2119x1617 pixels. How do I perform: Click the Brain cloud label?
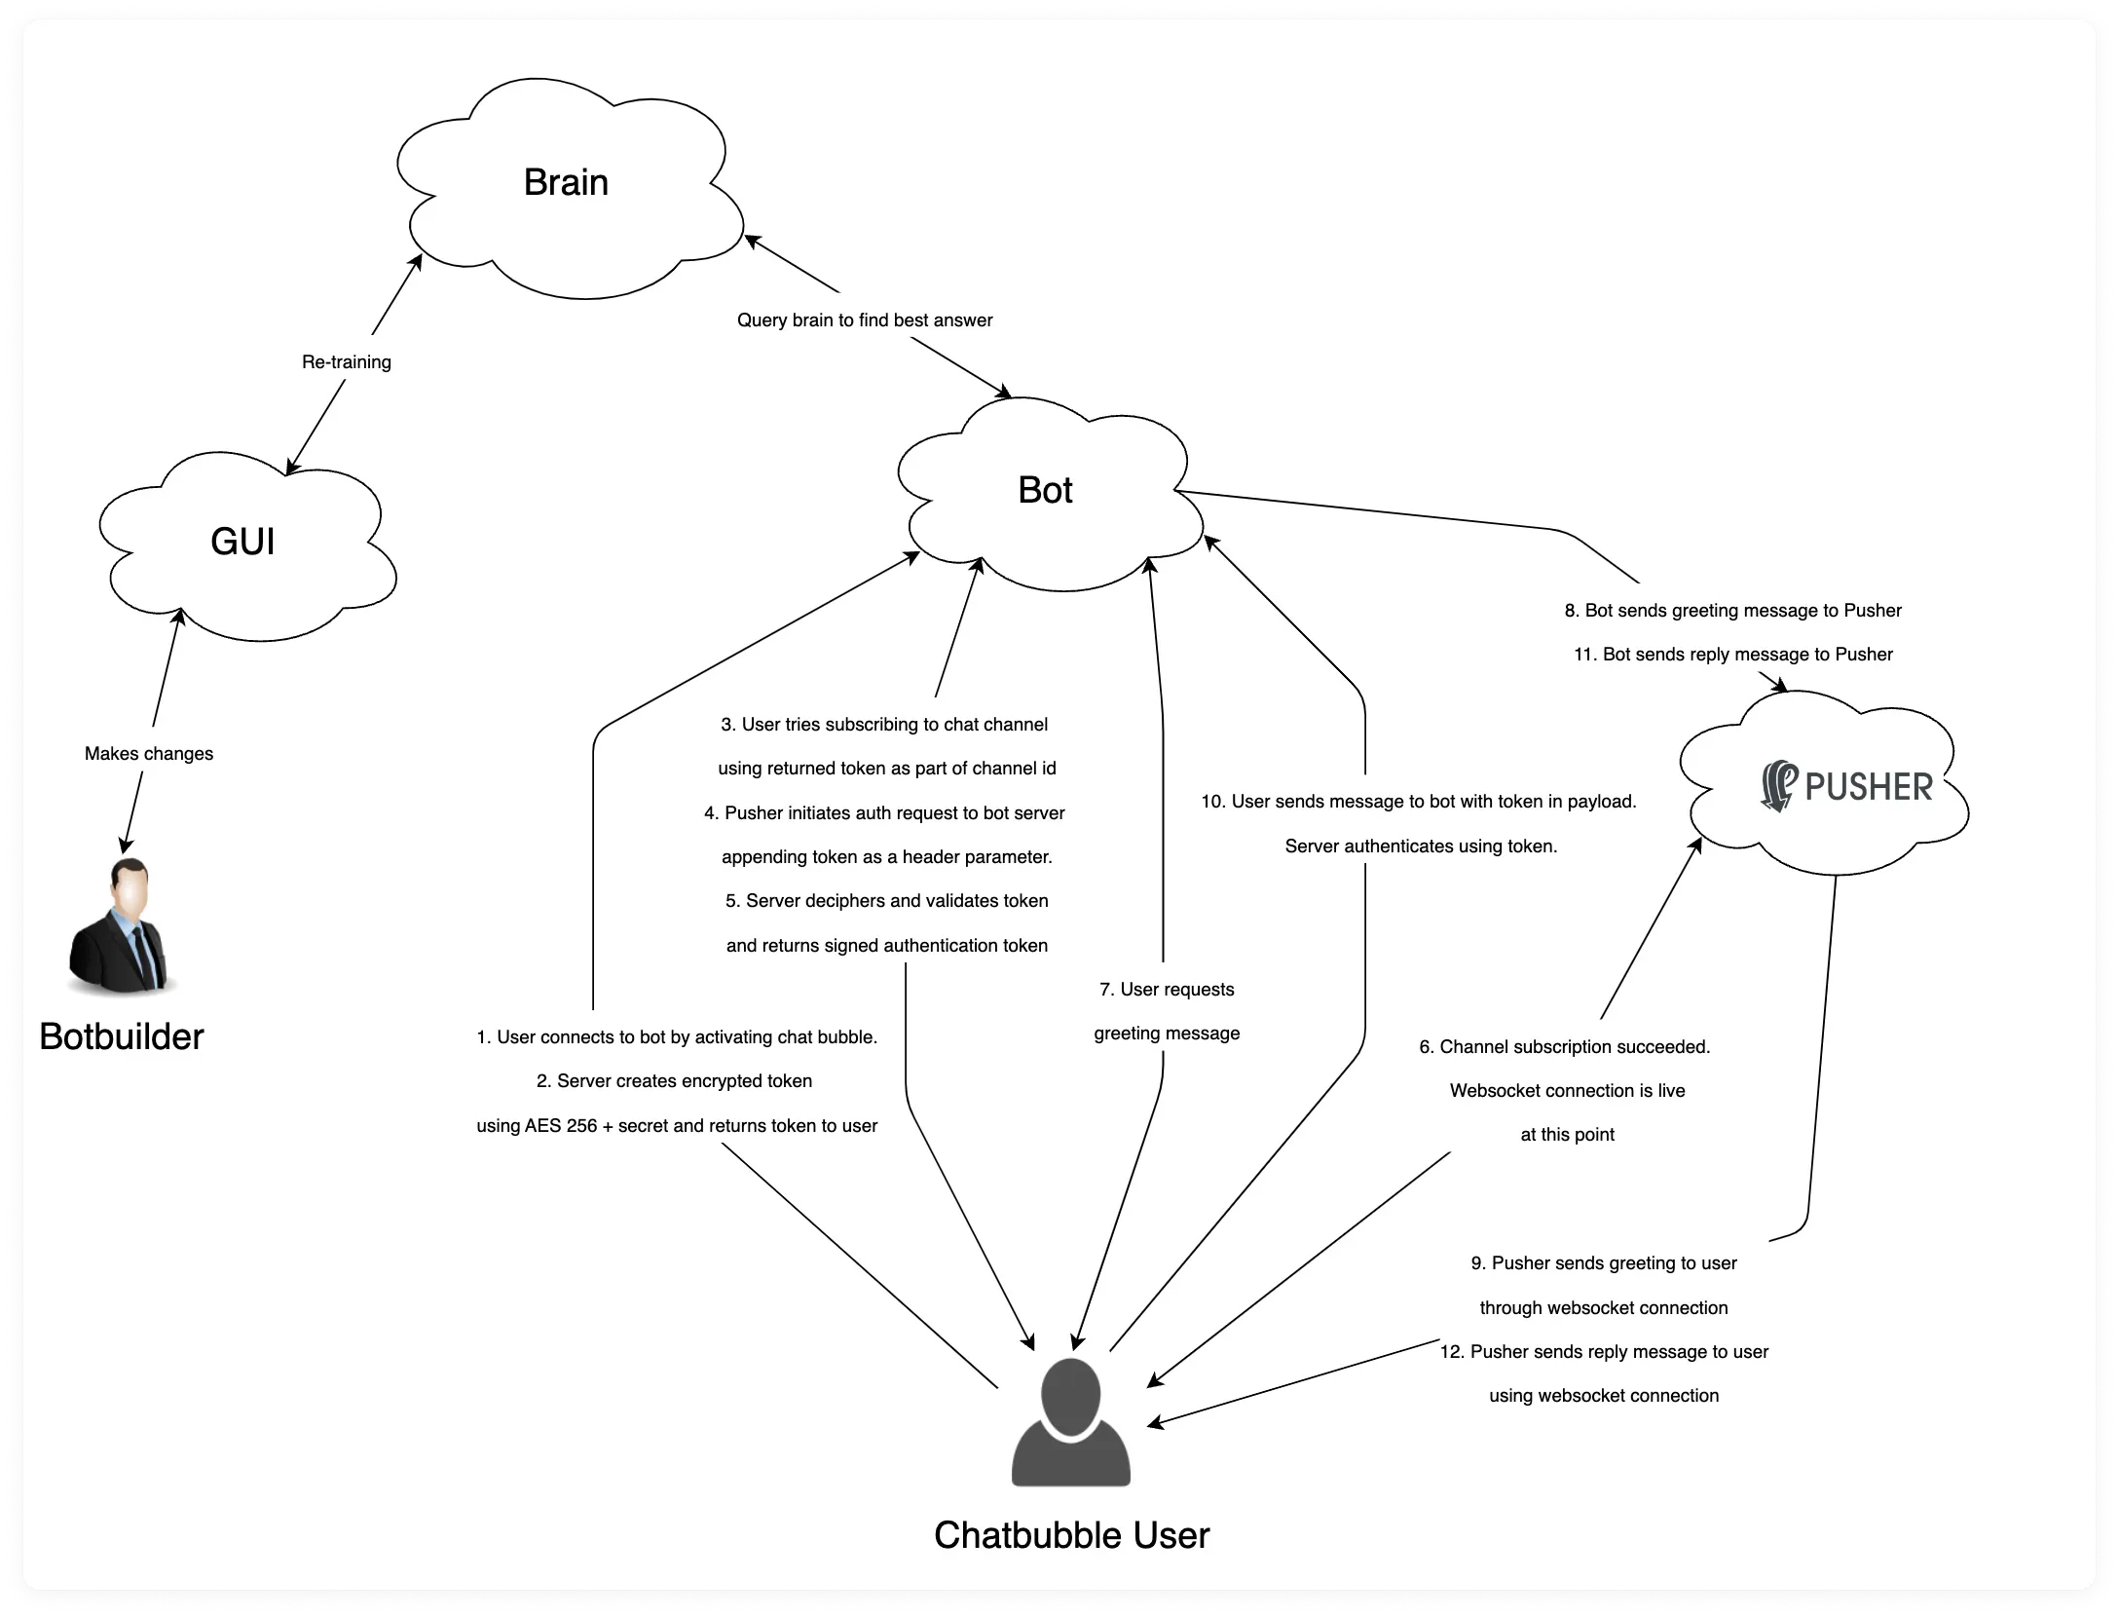coord(566,182)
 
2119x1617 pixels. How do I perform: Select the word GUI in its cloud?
coord(242,542)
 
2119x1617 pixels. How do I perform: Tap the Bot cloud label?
coord(1045,490)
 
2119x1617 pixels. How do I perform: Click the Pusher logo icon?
coord(1779,786)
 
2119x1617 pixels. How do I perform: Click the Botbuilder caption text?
coord(122,1036)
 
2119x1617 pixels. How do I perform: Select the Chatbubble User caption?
coord(1071,1535)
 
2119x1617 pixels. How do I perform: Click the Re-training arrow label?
coord(347,362)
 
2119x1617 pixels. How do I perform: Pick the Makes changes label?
coord(149,754)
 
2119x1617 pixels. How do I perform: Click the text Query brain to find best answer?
coord(865,320)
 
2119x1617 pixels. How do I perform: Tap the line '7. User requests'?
coord(1167,990)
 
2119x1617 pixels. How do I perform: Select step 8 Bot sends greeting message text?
coord(1733,611)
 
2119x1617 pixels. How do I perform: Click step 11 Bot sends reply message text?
coord(1733,655)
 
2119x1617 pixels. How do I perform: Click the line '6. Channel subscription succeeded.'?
coord(1565,1047)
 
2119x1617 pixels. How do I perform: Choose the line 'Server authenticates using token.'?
coord(1421,846)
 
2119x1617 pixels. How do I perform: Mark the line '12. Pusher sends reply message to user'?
coord(1604,1352)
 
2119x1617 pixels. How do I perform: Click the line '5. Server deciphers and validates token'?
coord(887,901)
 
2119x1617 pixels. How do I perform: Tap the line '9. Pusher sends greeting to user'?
coord(1604,1263)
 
